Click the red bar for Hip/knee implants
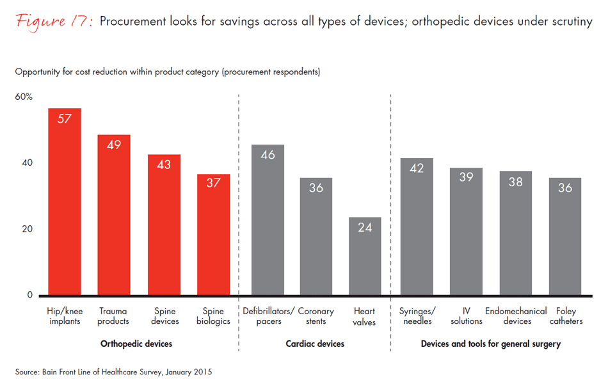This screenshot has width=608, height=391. click(x=65, y=202)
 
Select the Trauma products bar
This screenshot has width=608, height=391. click(x=114, y=214)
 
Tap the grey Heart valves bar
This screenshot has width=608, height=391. click(x=365, y=256)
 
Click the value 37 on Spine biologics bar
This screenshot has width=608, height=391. click(x=213, y=182)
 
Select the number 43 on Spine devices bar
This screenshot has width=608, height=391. click(x=163, y=164)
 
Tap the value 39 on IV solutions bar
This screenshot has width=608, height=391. click(x=465, y=177)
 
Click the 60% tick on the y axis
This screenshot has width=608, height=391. click(x=24, y=97)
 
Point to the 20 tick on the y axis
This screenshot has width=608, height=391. click(x=26, y=229)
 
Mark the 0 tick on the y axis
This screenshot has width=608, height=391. click(x=29, y=296)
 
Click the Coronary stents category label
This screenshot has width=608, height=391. click(x=316, y=316)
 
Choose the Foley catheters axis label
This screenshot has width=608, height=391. click(x=566, y=316)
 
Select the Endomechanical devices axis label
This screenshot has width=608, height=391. click(x=516, y=316)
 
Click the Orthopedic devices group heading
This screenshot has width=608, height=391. click(x=136, y=344)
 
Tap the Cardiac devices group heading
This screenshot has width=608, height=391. click(x=315, y=344)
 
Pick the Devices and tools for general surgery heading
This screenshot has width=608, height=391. click(x=491, y=344)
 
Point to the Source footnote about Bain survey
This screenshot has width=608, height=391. click(x=114, y=372)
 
